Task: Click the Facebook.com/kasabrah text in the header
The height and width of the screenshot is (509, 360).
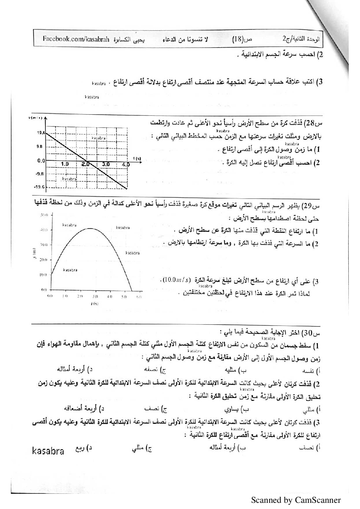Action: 75,40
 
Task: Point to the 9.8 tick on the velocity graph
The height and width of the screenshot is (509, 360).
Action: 40,147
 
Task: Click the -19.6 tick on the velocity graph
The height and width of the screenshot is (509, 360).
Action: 39,187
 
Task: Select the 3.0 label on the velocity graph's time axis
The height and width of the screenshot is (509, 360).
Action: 106,164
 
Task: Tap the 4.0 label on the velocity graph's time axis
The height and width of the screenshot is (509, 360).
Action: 126,164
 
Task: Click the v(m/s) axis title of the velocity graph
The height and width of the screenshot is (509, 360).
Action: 35,118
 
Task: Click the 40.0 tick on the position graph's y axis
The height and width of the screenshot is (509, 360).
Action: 44,230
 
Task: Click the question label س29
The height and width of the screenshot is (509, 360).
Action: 314,206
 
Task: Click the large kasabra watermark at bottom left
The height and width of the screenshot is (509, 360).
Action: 48,451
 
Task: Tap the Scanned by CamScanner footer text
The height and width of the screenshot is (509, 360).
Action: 296,500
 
